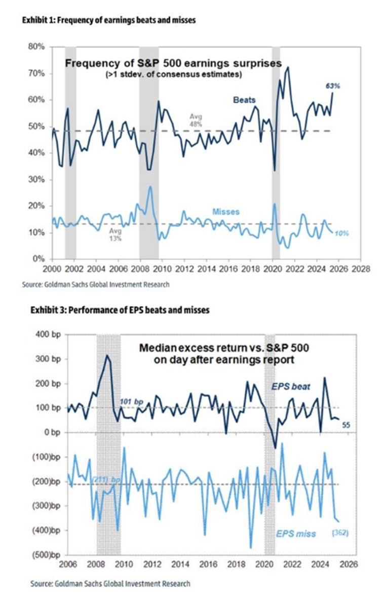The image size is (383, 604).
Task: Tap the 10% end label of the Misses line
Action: (341, 233)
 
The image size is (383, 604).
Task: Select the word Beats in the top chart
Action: (244, 100)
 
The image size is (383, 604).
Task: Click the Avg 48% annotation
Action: (196, 120)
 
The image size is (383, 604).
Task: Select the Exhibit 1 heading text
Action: (109, 21)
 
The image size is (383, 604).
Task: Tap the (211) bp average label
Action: (107, 479)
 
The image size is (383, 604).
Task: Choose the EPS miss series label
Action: (296, 534)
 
